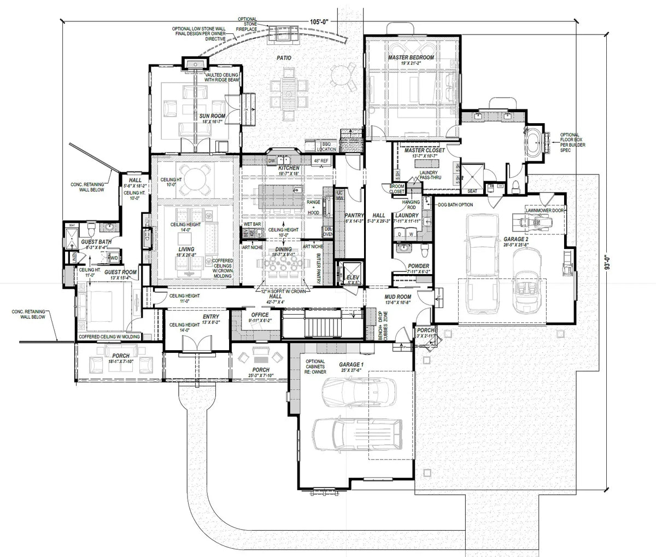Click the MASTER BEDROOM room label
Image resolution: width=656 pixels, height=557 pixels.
point(411,57)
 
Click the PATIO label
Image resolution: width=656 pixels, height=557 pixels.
point(283,57)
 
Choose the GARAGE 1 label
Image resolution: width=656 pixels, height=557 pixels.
point(350,364)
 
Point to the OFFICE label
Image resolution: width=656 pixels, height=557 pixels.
point(259,315)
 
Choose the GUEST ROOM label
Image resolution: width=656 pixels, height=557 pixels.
point(120,272)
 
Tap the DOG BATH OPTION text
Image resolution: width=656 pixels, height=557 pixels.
point(455,205)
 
